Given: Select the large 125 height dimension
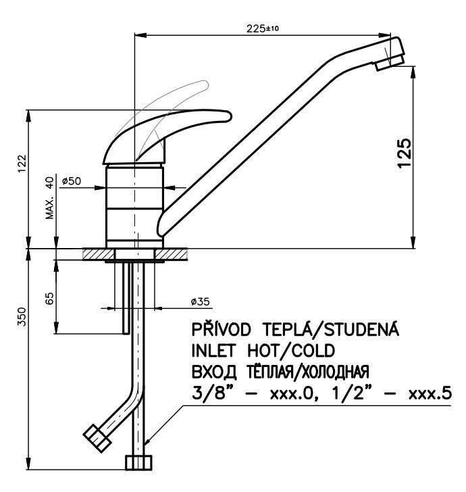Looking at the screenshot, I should (403, 154).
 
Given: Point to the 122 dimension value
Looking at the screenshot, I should (22, 163).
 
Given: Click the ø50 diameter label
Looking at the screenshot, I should (71, 181).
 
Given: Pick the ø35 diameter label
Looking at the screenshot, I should (201, 301).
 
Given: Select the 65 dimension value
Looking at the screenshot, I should (49, 299).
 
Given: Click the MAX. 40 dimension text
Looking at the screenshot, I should (49, 198).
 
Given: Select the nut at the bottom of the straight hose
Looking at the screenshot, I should (138, 463).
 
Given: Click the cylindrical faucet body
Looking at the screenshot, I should (135, 206).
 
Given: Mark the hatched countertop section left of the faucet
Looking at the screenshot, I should (95, 254).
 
